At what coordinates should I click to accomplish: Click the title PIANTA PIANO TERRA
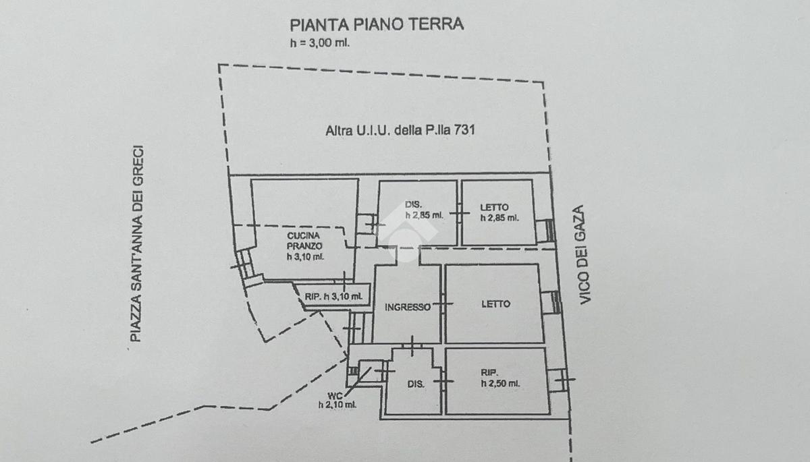[x=377, y=24]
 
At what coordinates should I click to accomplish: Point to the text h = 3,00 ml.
[x=320, y=43]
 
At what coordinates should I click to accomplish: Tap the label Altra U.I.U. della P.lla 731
[x=400, y=130]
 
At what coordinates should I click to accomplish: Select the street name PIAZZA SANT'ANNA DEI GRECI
[x=137, y=244]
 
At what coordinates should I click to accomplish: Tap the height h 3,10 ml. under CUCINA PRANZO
[x=305, y=257]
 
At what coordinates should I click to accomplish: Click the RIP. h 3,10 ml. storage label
[x=333, y=297]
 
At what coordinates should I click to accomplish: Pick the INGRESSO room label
[x=408, y=307]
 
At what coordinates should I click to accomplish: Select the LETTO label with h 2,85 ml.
[x=499, y=212]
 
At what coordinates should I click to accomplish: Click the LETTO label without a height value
[x=495, y=304]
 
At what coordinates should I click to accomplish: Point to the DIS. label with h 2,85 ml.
[x=424, y=210]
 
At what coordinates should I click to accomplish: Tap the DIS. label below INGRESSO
[x=416, y=384]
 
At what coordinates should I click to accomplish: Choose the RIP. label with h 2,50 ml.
[x=500, y=378]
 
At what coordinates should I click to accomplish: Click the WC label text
[x=335, y=396]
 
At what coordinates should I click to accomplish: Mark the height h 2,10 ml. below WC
[x=337, y=405]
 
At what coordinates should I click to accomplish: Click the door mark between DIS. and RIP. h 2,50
[x=443, y=381]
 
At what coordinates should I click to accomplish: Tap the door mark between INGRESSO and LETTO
[x=443, y=304]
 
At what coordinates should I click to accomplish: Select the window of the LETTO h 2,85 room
[x=545, y=231]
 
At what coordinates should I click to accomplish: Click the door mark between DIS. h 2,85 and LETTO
[x=459, y=212]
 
